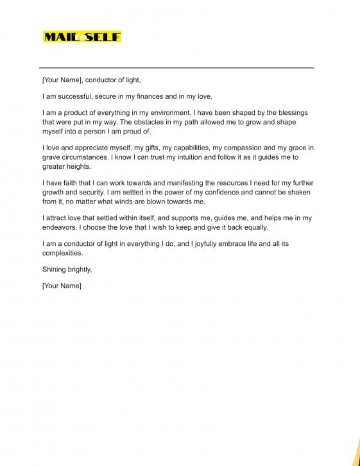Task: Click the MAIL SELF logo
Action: [x=81, y=37]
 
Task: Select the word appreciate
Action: [x=90, y=148]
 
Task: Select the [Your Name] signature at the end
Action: [x=62, y=285]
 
